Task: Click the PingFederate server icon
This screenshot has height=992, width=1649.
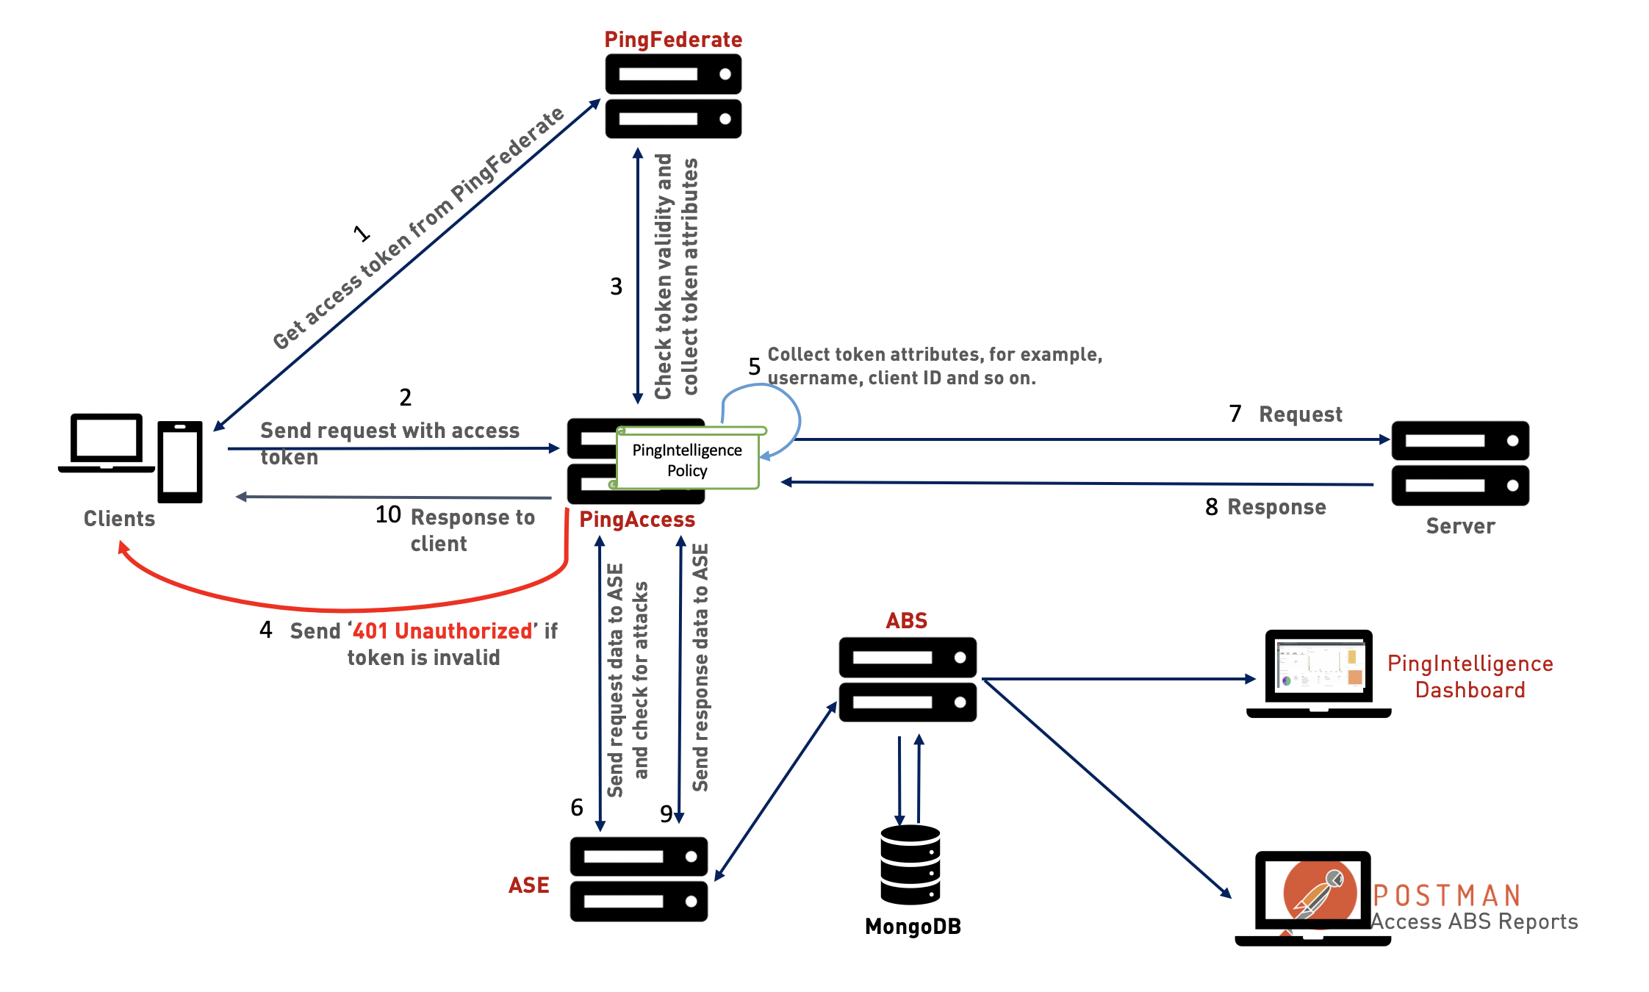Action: click(673, 96)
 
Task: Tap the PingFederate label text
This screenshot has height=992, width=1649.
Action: click(673, 40)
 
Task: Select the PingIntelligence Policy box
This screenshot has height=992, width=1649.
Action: click(687, 460)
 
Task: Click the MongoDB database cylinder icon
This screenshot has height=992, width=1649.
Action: click(910, 864)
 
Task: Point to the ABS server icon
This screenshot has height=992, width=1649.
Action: click(908, 680)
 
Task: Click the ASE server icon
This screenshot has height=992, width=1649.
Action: click(639, 879)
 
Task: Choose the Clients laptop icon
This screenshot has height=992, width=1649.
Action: click(107, 443)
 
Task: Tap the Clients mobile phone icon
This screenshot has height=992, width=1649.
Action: click(180, 461)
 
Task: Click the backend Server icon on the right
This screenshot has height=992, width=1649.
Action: click(1460, 463)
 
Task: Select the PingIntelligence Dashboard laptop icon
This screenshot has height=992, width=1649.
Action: click(1319, 672)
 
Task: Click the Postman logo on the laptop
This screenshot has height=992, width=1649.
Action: click(1320, 892)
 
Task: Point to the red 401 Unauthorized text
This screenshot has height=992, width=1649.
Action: click(442, 631)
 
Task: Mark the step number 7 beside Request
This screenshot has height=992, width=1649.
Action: click(1235, 414)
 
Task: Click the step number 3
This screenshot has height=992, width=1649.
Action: click(616, 287)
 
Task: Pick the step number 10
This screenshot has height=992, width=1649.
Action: click(388, 514)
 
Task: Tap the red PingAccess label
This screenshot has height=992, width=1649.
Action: click(637, 520)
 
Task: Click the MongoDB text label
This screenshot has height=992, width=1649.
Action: click(913, 927)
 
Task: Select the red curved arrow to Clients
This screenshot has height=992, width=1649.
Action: click(345, 609)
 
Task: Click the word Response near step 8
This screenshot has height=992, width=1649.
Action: click(1276, 507)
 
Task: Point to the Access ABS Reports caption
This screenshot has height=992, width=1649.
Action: click(1474, 921)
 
